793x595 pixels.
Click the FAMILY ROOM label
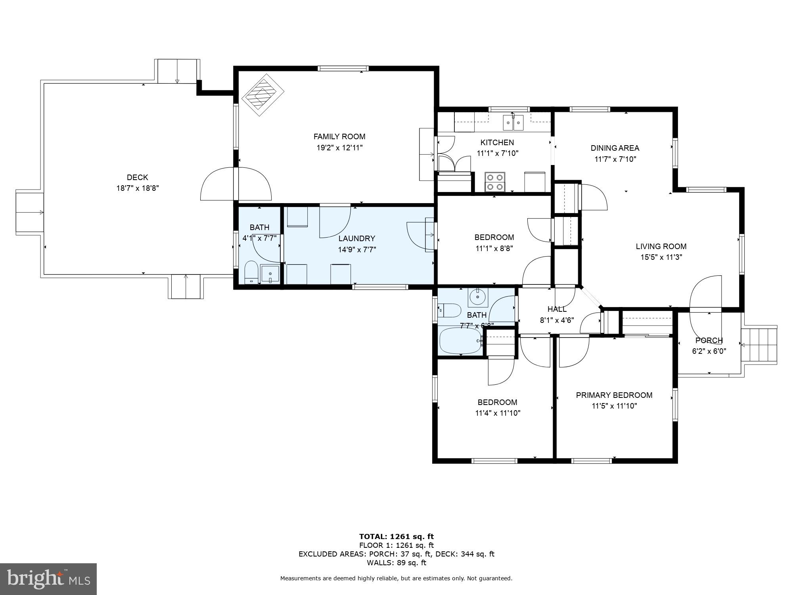click(x=339, y=136)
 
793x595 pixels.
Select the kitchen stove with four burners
click(x=495, y=182)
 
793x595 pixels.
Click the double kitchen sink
click(x=513, y=123)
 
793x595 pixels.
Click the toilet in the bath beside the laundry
click(x=251, y=273)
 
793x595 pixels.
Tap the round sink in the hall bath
click(x=478, y=297)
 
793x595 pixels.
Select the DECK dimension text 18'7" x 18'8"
click(x=137, y=188)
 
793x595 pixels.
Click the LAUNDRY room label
click(x=356, y=238)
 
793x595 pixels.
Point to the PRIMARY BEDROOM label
click(x=614, y=395)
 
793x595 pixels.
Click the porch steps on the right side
click(x=759, y=345)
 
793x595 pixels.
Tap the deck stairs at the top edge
click(x=177, y=71)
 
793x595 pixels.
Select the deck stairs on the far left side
click(x=29, y=212)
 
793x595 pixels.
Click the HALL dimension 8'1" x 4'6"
click(x=557, y=320)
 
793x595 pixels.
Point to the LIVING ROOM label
click(x=661, y=246)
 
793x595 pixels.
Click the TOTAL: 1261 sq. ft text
click(x=396, y=537)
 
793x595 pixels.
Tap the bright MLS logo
click(x=48, y=579)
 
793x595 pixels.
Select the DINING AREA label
click(x=615, y=148)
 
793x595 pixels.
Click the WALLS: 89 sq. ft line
click(x=396, y=562)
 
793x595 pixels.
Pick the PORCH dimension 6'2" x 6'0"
click(x=709, y=351)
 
